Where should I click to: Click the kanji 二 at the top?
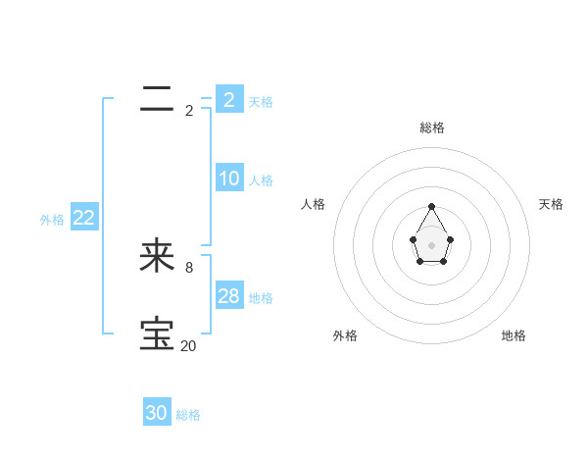click(x=157, y=98)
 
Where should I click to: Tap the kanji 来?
click(x=157, y=256)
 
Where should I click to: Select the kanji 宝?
click(x=157, y=334)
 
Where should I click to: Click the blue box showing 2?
click(x=228, y=99)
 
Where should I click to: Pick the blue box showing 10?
click(x=228, y=179)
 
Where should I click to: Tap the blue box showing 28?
click(x=228, y=296)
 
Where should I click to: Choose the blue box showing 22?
click(x=83, y=218)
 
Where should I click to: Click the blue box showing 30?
click(x=157, y=413)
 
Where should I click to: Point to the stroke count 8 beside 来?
click(x=189, y=267)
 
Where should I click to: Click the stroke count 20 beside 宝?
click(x=189, y=345)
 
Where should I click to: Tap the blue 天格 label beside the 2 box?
click(x=261, y=101)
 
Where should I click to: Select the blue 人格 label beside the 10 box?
click(x=261, y=180)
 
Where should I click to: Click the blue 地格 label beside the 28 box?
click(x=261, y=298)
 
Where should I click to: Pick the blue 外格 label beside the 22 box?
click(x=52, y=220)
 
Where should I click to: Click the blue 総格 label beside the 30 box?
click(x=188, y=415)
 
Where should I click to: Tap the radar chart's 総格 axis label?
click(x=431, y=128)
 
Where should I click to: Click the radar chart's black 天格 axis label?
click(x=552, y=204)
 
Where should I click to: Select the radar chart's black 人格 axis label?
click(x=314, y=204)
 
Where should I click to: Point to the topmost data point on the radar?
click(x=431, y=206)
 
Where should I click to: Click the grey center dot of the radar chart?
click(x=431, y=244)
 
